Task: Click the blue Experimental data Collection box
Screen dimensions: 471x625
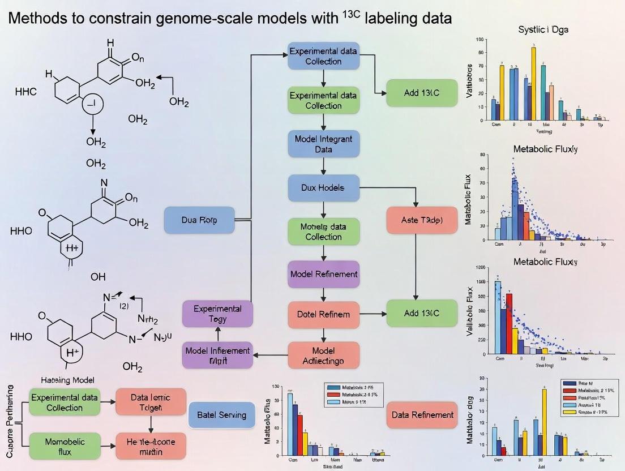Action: coord(323,55)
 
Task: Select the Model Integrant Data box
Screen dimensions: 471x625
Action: coord(323,144)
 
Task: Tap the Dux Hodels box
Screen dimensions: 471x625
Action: coord(323,187)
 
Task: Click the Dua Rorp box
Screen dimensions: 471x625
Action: coord(199,220)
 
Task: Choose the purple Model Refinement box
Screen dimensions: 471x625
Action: coord(323,274)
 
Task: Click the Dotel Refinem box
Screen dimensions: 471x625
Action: coord(323,314)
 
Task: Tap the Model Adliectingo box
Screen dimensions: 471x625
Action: coord(323,356)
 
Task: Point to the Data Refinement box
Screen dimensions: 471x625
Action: coord(422,415)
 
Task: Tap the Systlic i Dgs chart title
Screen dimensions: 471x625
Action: coord(542,29)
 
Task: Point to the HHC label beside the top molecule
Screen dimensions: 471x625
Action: coord(25,92)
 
